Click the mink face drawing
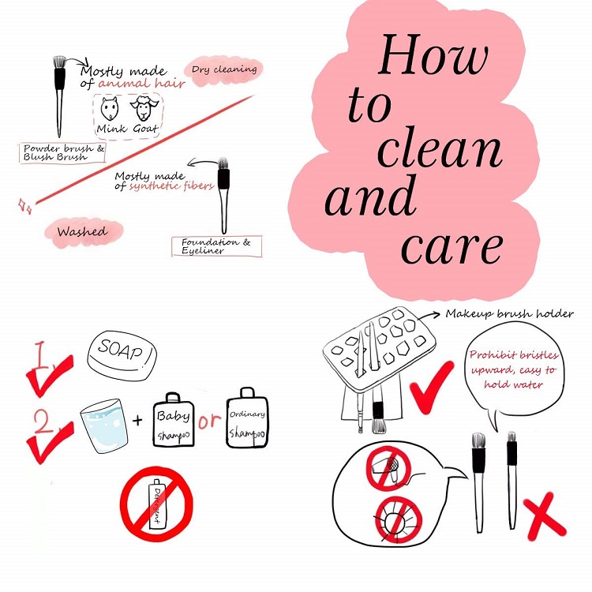110,108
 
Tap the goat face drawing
144,107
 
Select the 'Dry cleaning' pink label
224,70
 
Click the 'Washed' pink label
83,232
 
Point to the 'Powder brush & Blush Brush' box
62,153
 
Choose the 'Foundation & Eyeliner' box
217,246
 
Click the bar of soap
122,356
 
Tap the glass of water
104,425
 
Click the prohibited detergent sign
156,504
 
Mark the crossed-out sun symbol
399,520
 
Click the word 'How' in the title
433,54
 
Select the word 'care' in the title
452,247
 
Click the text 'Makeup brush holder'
509,313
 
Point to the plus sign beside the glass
137,420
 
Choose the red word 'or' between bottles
209,421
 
